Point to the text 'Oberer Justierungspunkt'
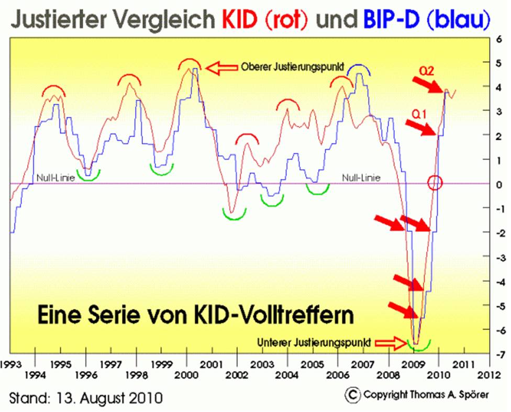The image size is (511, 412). (292, 68)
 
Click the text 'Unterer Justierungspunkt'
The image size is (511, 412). (315, 343)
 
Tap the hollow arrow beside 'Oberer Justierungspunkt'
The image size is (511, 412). (220, 68)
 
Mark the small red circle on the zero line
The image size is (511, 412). (435, 183)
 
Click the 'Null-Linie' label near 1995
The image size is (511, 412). (56, 178)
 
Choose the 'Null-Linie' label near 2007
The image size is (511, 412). (361, 178)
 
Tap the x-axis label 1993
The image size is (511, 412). (10, 363)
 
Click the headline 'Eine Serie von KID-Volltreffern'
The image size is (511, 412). (195, 316)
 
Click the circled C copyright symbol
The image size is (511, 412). (353, 394)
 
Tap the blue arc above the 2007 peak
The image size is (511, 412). (359, 67)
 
